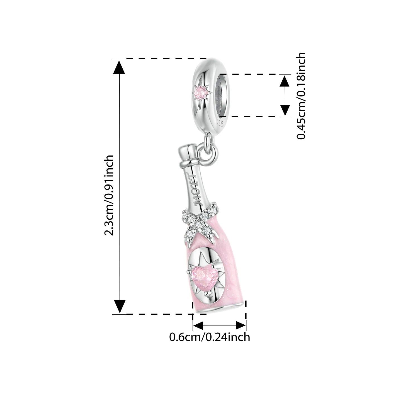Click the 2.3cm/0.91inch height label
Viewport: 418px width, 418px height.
tap(109, 195)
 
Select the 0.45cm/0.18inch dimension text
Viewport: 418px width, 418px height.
tap(301, 96)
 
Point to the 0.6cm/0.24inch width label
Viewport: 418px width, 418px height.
tap(210, 337)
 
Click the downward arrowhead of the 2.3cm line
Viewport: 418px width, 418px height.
tap(120, 307)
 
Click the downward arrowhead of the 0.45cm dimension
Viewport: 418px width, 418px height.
tap(284, 110)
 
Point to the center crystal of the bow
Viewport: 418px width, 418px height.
tap(198, 224)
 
